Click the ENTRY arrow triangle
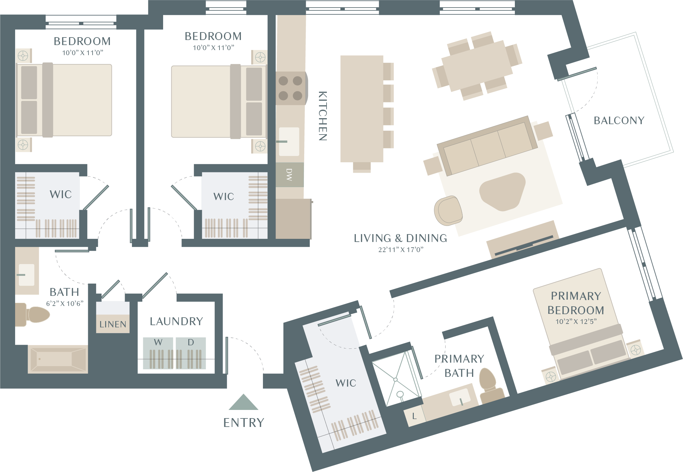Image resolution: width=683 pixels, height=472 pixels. (243, 402)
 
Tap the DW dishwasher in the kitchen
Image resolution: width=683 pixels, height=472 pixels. (290, 175)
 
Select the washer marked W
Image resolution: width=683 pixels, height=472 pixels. (158, 353)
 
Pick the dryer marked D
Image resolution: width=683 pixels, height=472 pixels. (191, 353)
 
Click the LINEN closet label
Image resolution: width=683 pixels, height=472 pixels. (113, 324)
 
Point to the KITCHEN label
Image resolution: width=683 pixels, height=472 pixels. (323, 116)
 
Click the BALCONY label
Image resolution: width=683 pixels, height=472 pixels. (619, 120)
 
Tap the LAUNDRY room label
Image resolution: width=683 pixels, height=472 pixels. (176, 321)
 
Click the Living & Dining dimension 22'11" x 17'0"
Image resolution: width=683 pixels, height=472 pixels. (401, 250)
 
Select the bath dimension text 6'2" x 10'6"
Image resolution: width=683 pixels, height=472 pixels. (65, 303)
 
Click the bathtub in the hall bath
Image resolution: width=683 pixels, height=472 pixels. (58, 359)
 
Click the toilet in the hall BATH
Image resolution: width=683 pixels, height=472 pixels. (32, 314)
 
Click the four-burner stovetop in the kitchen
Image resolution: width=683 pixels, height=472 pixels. (291, 88)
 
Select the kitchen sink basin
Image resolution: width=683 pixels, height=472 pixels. (289, 141)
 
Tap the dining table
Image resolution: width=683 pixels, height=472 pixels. (477, 66)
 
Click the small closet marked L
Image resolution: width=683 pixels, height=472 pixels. (414, 416)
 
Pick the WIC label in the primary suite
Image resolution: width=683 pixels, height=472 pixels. (346, 383)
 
